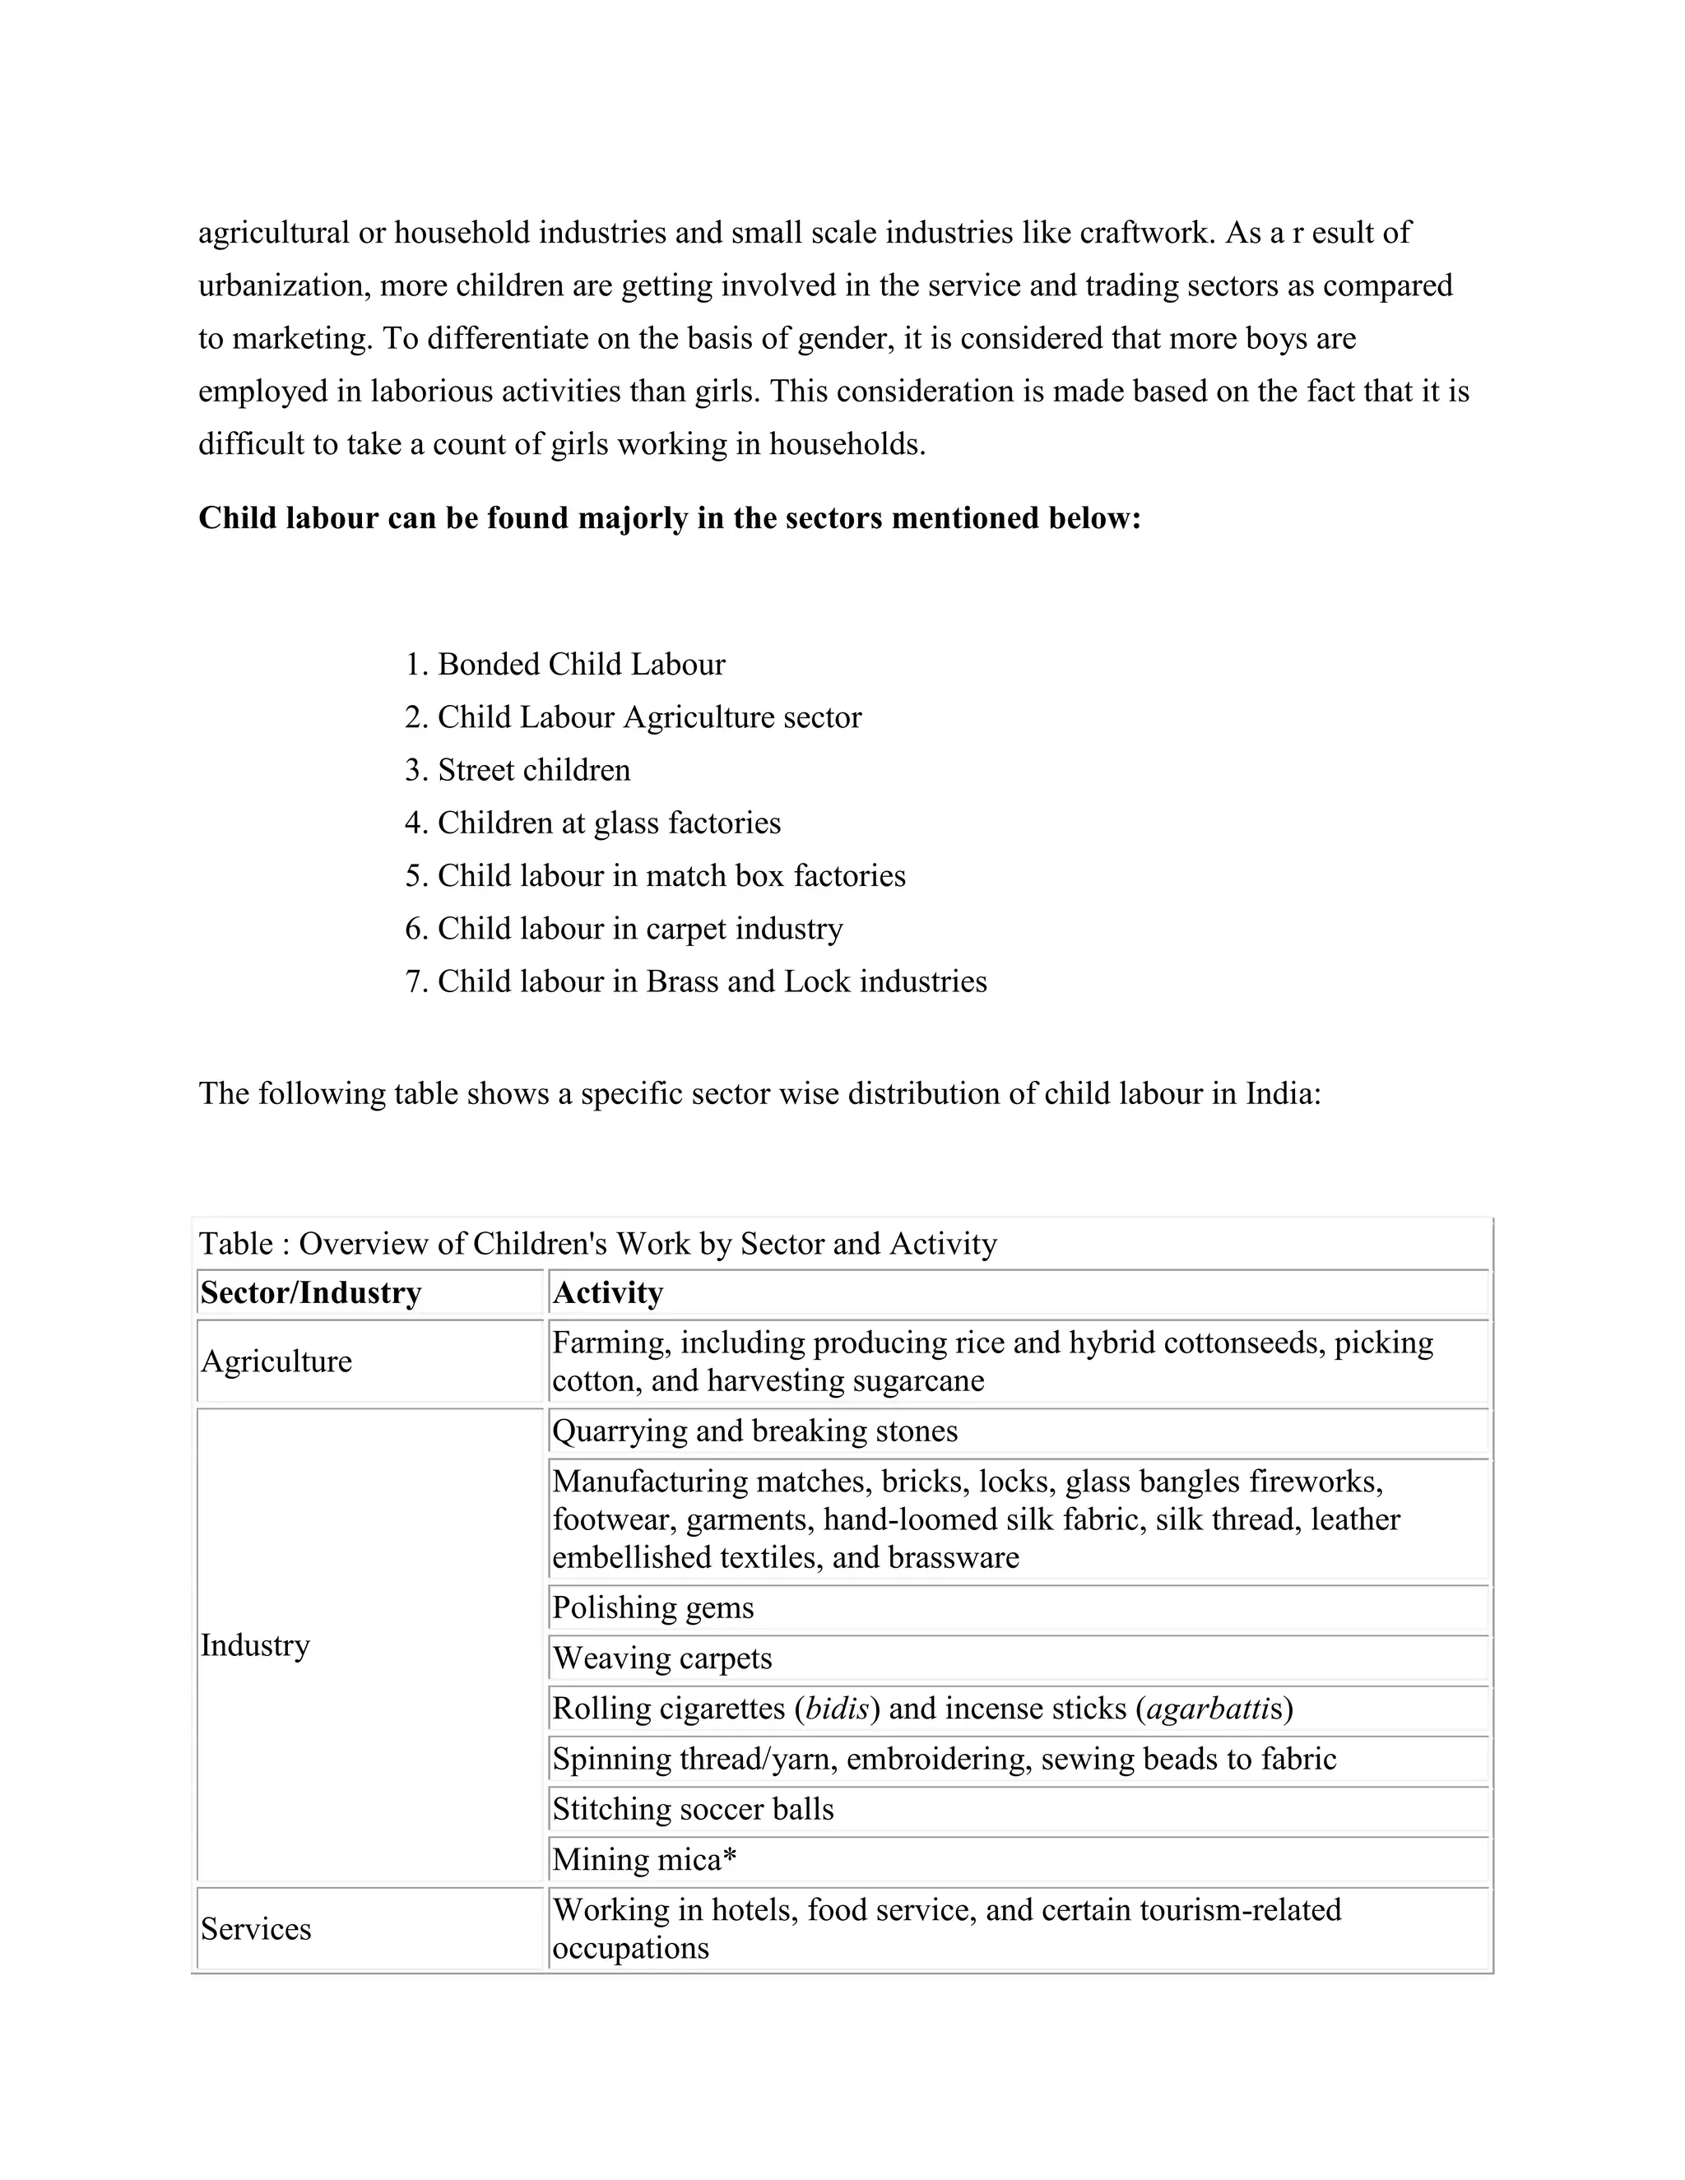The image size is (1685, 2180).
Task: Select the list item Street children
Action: point(533,771)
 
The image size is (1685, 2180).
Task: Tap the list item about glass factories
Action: point(608,823)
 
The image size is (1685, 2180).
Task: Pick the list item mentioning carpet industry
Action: point(638,930)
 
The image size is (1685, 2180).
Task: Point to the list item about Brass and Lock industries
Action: point(711,982)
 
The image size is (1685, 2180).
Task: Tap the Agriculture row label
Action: point(276,1361)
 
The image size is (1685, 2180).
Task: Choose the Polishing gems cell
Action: point(652,1607)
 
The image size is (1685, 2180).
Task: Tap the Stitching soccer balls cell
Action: point(693,1809)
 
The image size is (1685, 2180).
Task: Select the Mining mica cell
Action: point(644,1860)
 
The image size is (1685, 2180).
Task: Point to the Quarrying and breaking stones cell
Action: point(754,1431)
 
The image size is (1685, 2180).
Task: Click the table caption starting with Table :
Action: point(597,1244)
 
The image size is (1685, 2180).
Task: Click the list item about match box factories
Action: point(671,876)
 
